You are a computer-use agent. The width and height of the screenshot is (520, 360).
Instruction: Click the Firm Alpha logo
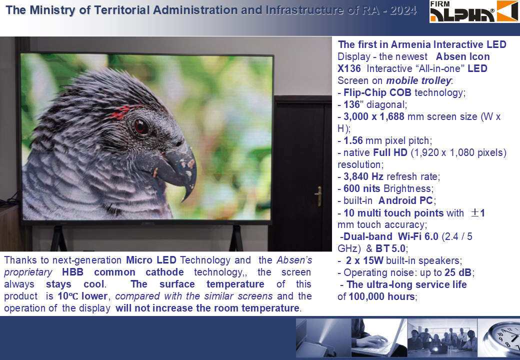(x=474, y=11)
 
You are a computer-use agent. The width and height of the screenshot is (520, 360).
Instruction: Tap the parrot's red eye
(x=141, y=126)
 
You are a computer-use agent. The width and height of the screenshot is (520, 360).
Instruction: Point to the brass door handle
(x=318, y=195)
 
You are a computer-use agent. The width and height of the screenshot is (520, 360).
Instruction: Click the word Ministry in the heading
(x=52, y=10)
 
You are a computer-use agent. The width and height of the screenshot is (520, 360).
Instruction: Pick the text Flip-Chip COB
(x=377, y=92)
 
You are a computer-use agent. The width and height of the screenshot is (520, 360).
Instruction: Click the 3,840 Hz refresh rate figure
(x=363, y=176)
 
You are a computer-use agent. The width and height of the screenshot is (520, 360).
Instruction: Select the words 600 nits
(x=362, y=188)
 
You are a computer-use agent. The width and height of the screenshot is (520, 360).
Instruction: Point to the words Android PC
(x=405, y=200)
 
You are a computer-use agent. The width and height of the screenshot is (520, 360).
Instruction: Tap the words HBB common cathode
(x=122, y=272)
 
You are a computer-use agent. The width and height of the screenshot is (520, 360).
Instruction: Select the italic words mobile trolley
(x=418, y=80)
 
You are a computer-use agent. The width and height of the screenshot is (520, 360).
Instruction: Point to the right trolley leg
(x=236, y=238)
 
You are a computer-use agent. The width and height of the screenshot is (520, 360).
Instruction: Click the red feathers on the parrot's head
(x=121, y=112)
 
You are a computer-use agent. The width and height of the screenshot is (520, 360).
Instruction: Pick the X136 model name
(x=349, y=68)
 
